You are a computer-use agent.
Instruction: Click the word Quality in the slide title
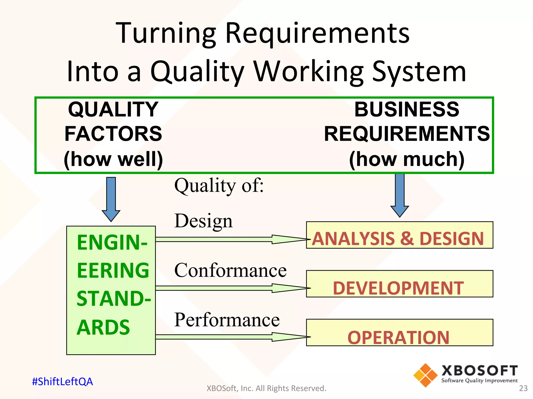197,71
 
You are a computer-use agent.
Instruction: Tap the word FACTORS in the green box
113,134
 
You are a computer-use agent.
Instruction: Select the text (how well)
113,159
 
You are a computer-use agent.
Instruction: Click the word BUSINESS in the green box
407,109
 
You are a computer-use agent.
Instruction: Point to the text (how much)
407,159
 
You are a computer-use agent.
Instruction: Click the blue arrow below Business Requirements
400,195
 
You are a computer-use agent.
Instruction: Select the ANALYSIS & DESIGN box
399,235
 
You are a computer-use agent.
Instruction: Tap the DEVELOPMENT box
399,284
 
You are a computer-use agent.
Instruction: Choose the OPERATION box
399,333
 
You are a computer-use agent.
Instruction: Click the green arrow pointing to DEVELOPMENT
232,288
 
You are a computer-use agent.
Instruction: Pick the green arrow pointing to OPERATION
232,337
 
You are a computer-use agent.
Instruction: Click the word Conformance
230,270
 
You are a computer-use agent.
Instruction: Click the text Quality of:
219,186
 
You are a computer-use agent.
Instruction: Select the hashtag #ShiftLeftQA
62,382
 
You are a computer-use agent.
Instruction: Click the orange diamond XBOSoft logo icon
426,375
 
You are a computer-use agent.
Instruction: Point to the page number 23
523,388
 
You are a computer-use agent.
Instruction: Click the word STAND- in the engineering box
114,299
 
